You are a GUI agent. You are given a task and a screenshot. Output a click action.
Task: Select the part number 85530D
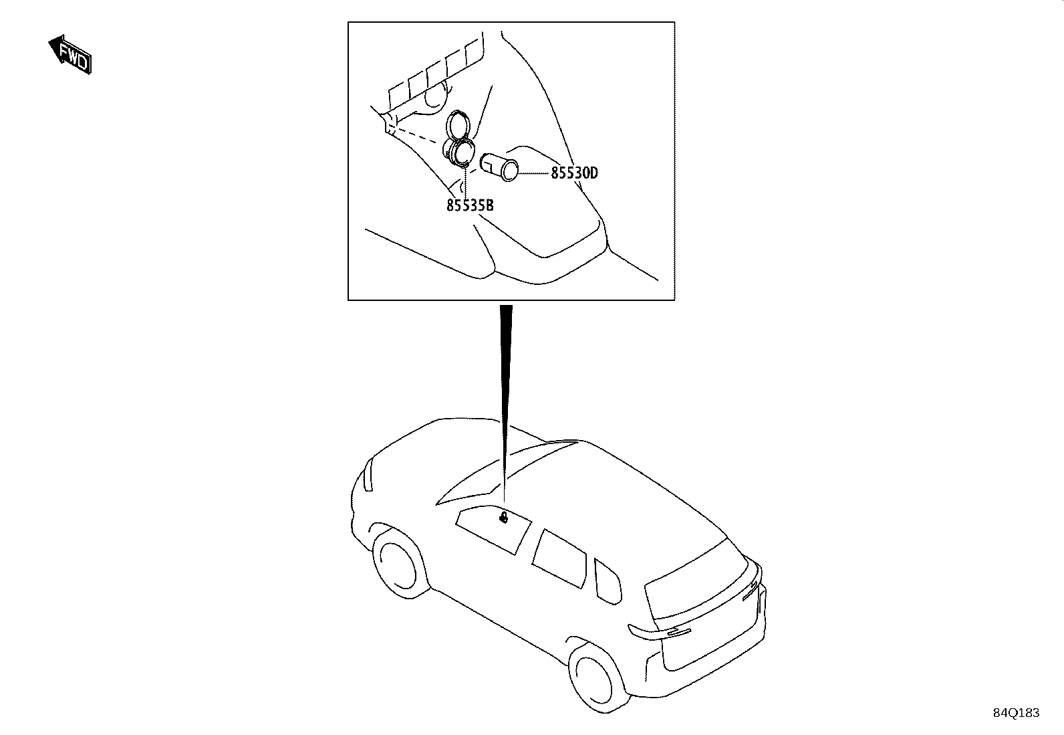tap(574, 173)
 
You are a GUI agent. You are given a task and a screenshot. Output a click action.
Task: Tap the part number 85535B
tap(470, 205)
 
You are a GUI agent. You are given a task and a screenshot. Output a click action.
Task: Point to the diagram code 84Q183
tap(1016, 713)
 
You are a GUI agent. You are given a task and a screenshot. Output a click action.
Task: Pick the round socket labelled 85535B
tap(458, 152)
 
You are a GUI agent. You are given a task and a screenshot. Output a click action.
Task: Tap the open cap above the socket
tap(458, 124)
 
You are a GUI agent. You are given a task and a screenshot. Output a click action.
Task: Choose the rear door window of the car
tap(559, 559)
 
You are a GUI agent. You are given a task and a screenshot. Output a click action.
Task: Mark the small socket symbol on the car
tap(503, 517)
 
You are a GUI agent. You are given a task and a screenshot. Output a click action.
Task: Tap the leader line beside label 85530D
tap(535, 173)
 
